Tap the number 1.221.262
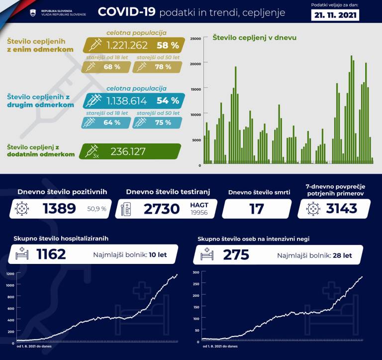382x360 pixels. tap(127, 45)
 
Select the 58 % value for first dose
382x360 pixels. tap(167, 45)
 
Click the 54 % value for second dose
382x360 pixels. tap(168, 101)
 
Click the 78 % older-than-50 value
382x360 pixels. tap(160, 67)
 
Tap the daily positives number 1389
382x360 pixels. tap(59, 209)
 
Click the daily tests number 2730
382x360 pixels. tap(162, 209)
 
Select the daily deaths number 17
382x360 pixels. tap(257, 209)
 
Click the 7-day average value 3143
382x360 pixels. tap(342, 209)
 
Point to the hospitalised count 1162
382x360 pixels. tap(51, 255)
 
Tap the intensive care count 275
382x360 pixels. tap(236, 255)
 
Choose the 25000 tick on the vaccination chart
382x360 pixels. tap(195, 38)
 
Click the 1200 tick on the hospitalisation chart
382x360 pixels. tap(10, 273)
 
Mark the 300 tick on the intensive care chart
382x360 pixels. tap(195, 272)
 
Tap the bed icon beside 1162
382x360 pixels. tap(22, 255)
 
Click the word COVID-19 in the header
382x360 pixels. tap(126, 12)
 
